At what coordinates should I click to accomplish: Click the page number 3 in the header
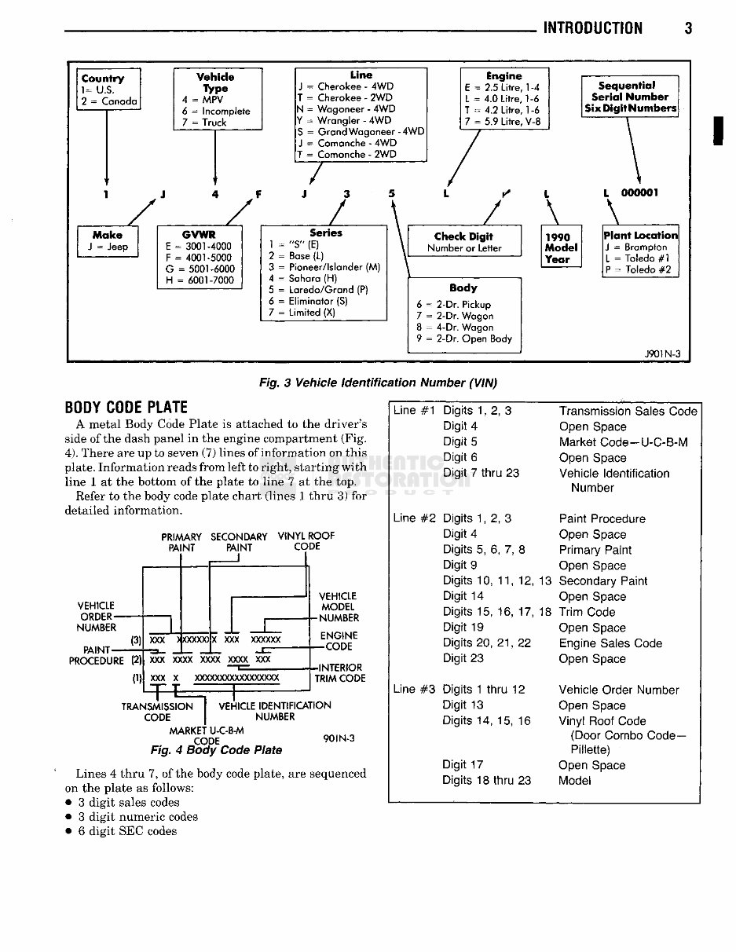[x=688, y=29]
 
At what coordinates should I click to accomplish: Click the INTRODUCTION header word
[x=593, y=29]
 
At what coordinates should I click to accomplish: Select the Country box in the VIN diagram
[x=109, y=90]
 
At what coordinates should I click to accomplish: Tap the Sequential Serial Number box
[x=630, y=97]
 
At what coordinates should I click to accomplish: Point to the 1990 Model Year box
[x=561, y=247]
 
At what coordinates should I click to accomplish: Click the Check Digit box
[x=464, y=242]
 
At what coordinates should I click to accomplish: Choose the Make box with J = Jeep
[x=108, y=241]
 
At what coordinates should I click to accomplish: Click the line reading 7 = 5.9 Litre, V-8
[x=503, y=122]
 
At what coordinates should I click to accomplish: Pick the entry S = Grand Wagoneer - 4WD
[x=361, y=132]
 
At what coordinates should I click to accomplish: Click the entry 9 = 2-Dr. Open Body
[x=464, y=339]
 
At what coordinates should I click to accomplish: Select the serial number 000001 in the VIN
[x=640, y=193]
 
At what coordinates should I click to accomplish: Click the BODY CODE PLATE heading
[x=126, y=408]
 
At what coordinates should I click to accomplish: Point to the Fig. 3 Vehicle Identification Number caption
[x=378, y=383]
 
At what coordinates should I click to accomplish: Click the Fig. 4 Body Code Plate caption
[x=217, y=750]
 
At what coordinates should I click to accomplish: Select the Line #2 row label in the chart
[x=414, y=518]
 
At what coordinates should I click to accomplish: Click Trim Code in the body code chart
[x=587, y=612]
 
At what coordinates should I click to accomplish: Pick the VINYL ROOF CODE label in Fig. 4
[x=306, y=541]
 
